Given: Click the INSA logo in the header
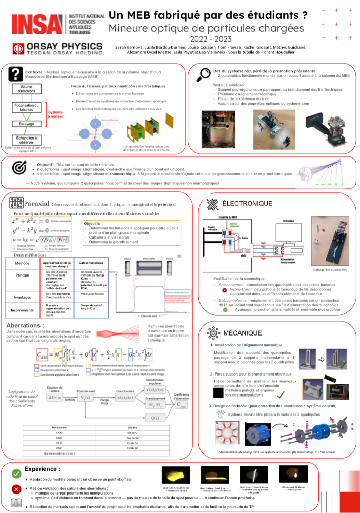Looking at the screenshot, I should [38, 24].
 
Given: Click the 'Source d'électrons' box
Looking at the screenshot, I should [27, 89].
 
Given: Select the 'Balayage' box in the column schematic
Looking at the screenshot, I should [27, 124].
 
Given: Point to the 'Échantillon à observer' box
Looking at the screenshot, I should [27, 140].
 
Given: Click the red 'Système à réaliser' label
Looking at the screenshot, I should [55, 114].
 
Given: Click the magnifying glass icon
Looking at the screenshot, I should [204, 73].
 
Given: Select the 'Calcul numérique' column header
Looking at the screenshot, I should [90, 263].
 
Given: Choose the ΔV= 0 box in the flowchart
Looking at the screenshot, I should [56, 398].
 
